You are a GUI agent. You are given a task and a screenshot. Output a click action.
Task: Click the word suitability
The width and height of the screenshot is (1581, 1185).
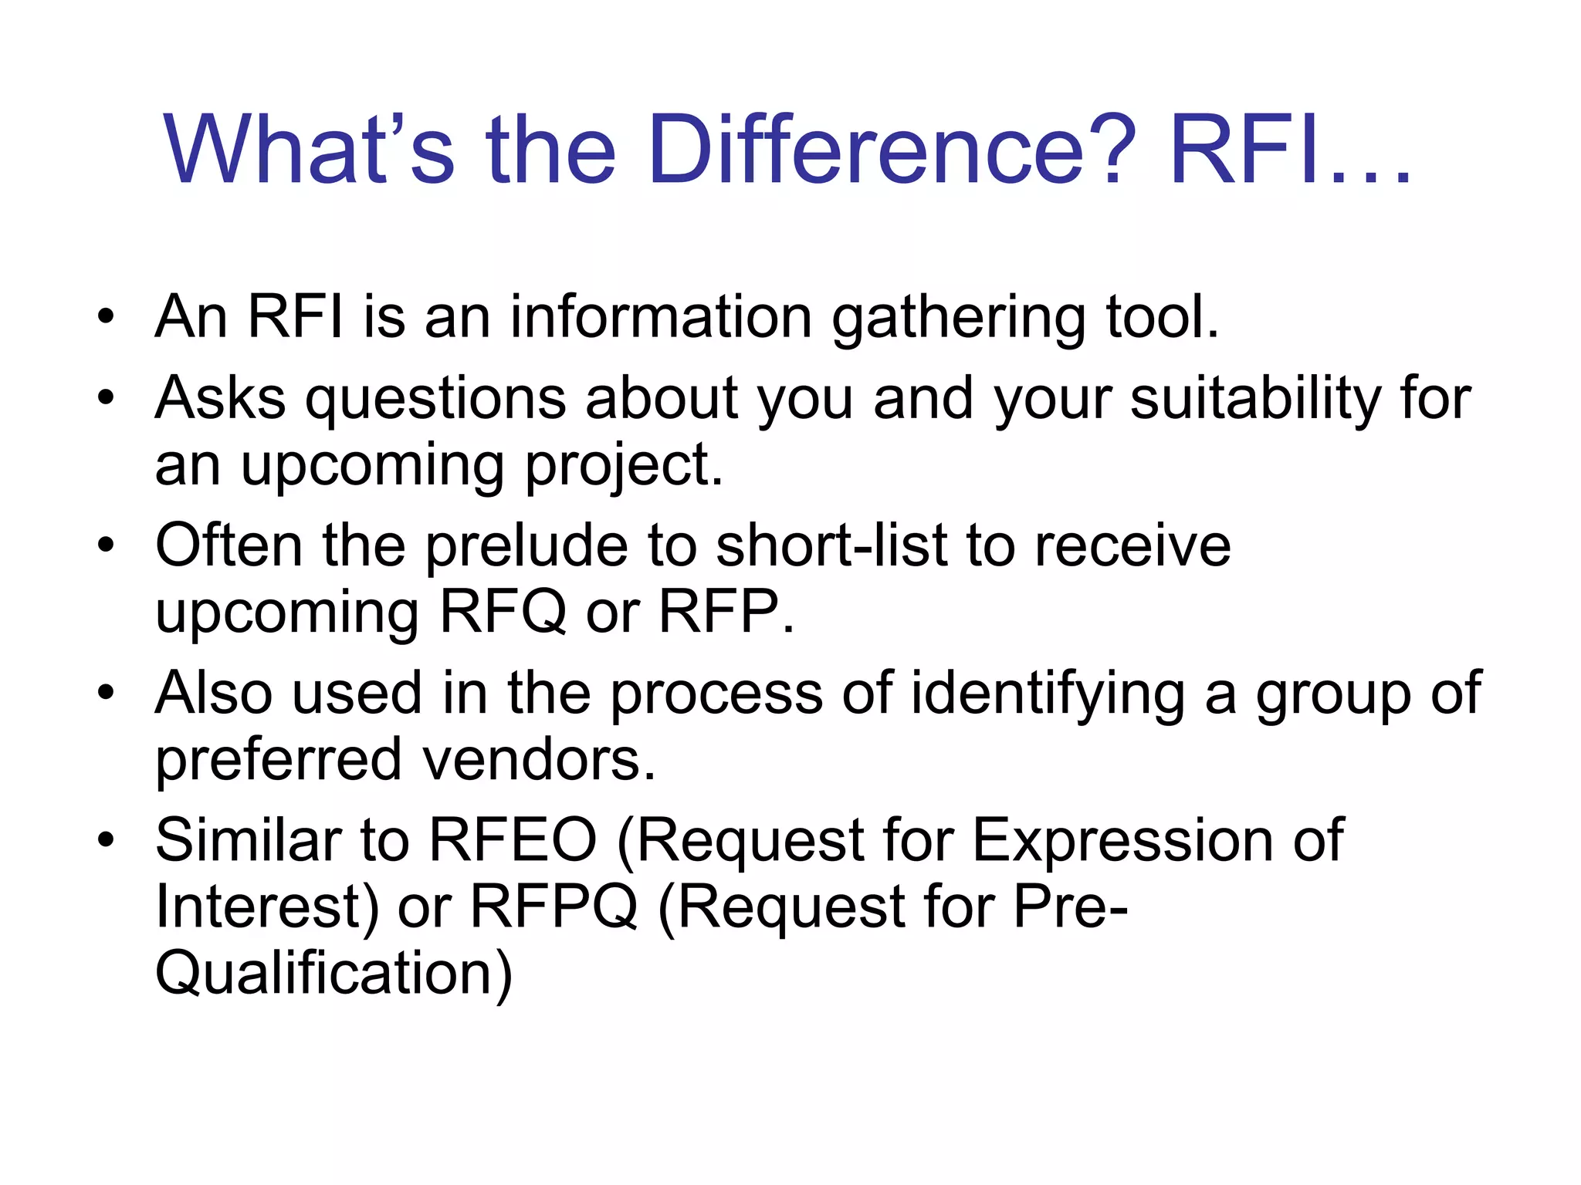pos(1255,399)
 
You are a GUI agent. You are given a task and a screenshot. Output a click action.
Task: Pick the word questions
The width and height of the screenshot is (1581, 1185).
pos(436,400)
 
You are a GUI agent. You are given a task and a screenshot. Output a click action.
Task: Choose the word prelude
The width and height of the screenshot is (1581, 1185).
pos(528,545)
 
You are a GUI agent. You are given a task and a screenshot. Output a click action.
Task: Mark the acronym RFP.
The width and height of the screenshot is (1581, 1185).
pos(726,612)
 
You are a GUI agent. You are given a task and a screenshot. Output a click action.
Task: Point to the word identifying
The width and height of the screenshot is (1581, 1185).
pos(1048,694)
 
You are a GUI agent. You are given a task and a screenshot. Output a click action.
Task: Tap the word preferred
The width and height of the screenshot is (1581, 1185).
pos(279,760)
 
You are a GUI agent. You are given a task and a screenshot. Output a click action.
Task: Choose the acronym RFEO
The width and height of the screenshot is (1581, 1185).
pos(513,840)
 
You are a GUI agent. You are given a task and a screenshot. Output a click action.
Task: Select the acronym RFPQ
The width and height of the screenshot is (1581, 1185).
pos(554,906)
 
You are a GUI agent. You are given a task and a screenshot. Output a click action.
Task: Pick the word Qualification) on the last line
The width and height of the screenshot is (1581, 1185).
pos(333,974)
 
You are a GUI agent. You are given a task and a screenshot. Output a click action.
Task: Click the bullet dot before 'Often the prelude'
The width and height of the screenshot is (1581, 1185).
pos(106,545)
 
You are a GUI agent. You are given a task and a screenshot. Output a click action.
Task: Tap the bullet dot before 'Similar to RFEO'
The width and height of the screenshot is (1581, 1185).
pos(106,839)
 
